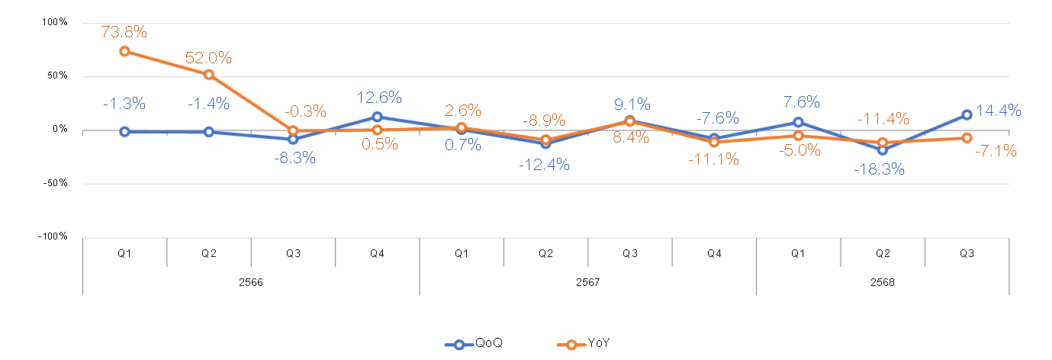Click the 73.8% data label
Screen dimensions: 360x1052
(124, 32)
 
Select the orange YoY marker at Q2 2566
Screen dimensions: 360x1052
(208, 75)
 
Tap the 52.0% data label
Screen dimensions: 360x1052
(208, 58)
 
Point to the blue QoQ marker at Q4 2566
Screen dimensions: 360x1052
(377, 117)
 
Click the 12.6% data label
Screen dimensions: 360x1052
(378, 98)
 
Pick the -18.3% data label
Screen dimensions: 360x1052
(880, 169)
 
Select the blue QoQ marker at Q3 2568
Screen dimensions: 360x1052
(967, 114)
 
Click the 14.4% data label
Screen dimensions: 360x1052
(999, 111)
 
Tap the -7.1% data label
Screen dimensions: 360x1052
(995, 151)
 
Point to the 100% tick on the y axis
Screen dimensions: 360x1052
(53, 22)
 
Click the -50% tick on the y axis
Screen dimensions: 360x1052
(55, 183)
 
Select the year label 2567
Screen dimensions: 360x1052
(587, 281)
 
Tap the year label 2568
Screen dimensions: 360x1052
(883, 281)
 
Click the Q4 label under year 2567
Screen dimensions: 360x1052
(714, 252)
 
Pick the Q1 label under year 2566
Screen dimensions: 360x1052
(124, 252)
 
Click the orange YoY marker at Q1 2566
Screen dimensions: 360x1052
(124, 51)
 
